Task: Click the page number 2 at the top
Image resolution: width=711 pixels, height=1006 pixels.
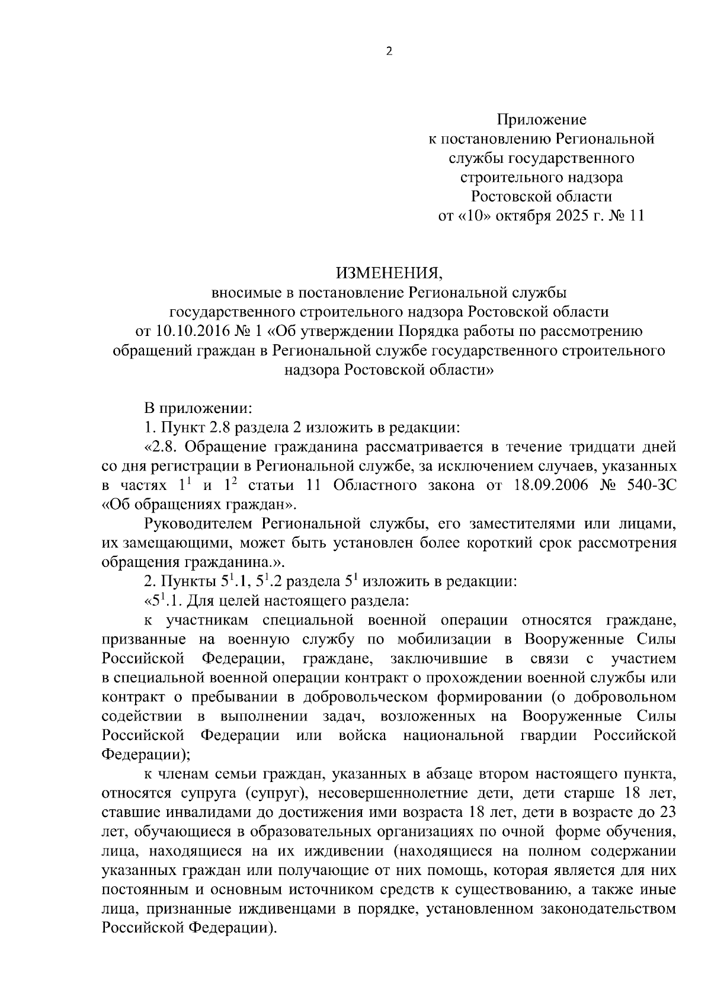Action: [x=389, y=52]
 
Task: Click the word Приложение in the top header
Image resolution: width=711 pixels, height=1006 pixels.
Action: [x=542, y=120]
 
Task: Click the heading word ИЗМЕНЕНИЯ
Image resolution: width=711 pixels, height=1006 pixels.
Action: [x=389, y=273]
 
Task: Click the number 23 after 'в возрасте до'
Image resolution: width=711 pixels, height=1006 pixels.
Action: [x=666, y=812]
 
